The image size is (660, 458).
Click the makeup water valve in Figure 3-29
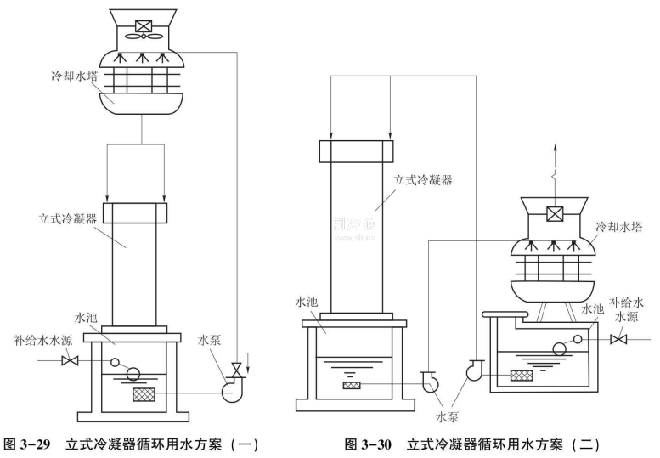[x=71, y=360]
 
